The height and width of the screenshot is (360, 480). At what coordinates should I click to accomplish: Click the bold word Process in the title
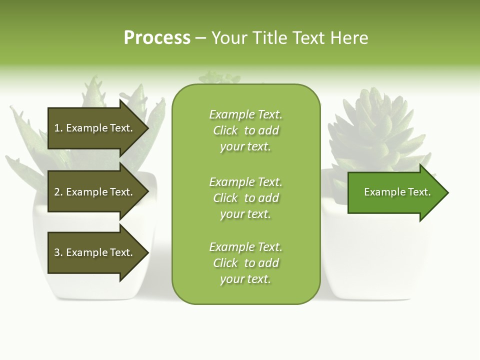(157, 38)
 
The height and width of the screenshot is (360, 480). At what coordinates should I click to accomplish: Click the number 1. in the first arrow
(58, 128)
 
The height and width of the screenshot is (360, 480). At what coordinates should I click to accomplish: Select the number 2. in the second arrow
(58, 192)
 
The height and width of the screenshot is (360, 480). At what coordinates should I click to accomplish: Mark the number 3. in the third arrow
(58, 252)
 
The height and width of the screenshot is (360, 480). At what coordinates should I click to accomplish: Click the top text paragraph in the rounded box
(245, 130)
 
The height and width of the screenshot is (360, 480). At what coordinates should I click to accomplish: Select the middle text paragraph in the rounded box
(245, 198)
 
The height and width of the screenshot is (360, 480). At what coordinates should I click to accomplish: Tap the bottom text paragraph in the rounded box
(245, 263)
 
